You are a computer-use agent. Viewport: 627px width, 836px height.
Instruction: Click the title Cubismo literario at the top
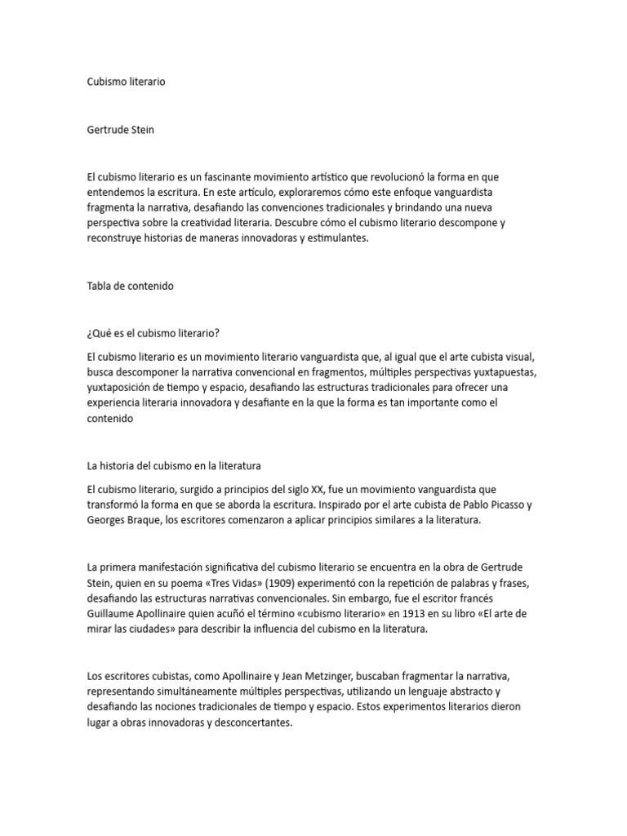pyautogui.click(x=126, y=82)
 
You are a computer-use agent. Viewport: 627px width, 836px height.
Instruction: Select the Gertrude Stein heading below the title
pyautogui.click(x=120, y=129)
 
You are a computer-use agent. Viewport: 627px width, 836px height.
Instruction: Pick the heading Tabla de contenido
pyautogui.click(x=130, y=286)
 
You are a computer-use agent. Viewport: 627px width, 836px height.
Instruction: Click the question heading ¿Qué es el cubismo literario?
pyautogui.click(x=153, y=333)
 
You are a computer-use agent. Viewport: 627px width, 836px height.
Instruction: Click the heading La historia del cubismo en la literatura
pyautogui.click(x=173, y=466)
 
